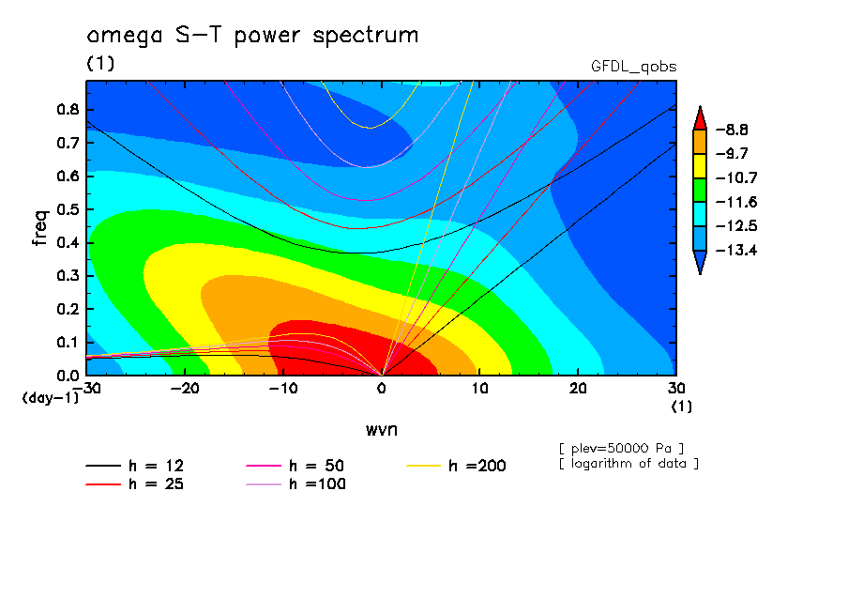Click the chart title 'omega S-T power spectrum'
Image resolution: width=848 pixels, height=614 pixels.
[x=252, y=36]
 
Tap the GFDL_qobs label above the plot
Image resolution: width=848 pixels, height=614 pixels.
[x=633, y=67]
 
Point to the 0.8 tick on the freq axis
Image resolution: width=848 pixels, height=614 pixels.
[x=68, y=109]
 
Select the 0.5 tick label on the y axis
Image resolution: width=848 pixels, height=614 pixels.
[x=68, y=209]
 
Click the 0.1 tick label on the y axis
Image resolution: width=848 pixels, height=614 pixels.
[x=68, y=343]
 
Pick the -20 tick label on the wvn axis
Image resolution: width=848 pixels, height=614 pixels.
[x=185, y=389]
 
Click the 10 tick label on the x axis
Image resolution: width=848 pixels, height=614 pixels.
[x=479, y=389]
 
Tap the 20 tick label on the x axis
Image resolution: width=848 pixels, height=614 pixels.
[x=578, y=389]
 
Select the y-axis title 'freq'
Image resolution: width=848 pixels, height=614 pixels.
[x=40, y=228]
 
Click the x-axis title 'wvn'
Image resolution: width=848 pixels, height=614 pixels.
[x=382, y=430]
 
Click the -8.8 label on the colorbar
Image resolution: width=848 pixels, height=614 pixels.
[x=732, y=130]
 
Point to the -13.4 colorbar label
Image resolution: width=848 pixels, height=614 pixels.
[x=736, y=250]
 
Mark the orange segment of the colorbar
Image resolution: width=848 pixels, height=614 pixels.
[x=700, y=142]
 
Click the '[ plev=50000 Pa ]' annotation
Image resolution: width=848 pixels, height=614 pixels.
[x=621, y=449]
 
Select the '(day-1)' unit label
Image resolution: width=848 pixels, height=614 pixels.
[x=51, y=398]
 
